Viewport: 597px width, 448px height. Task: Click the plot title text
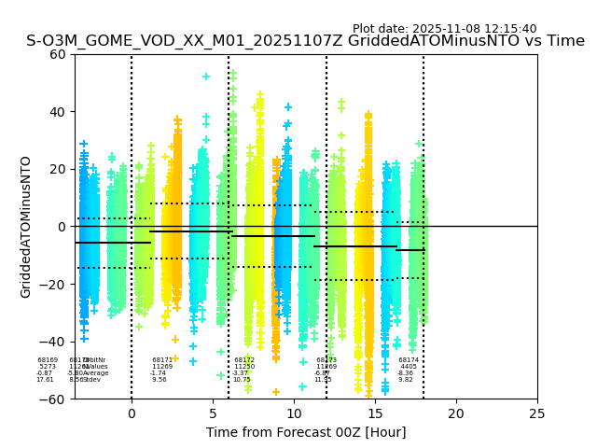click(x=305, y=41)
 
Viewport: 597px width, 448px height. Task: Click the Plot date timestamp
click(x=444, y=29)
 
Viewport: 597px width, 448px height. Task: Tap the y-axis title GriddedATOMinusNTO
click(x=26, y=227)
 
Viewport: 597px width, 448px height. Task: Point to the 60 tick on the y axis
click(x=58, y=54)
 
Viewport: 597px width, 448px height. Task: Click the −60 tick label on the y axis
click(x=54, y=399)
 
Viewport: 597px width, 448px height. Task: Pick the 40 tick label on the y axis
click(x=58, y=112)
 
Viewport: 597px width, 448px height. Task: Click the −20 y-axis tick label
click(x=54, y=285)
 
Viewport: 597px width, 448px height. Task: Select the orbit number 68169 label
click(x=48, y=360)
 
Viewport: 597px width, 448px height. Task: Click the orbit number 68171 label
click(x=162, y=360)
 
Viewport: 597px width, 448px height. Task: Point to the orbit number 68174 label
click(x=409, y=360)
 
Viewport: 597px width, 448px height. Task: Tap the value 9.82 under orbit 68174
click(x=406, y=380)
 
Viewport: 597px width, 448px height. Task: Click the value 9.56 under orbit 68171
click(x=160, y=380)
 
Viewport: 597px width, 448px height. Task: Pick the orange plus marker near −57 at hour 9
click(x=276, y=392)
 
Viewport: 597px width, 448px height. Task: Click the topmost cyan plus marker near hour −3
click(x=84, y=145)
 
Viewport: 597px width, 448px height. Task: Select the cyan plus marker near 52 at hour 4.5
click(x=206, y=77)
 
